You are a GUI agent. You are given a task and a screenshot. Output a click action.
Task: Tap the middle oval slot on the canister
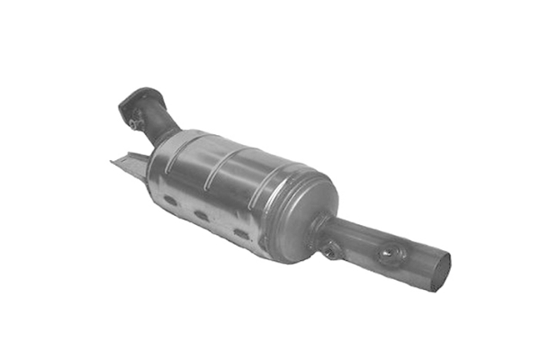click(202, 217)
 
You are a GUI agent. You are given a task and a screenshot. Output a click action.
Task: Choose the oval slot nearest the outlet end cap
click(242, 235)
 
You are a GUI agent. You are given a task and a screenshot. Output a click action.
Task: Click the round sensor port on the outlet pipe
click(388, 256)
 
